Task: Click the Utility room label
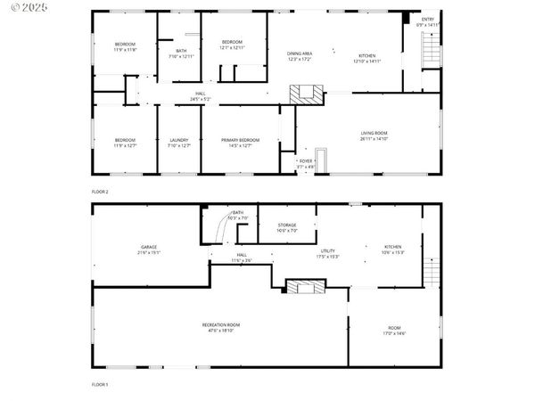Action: pos(328,254)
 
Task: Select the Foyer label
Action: pos(306,163)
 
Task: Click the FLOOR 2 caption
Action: pos(100,192)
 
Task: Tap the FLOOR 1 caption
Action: pos(100,384)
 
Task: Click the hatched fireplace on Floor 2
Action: pos(308,94)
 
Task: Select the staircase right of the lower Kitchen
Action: pos(432,270)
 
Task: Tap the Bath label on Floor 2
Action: pos(181,53)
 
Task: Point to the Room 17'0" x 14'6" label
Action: pos(394,331)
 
